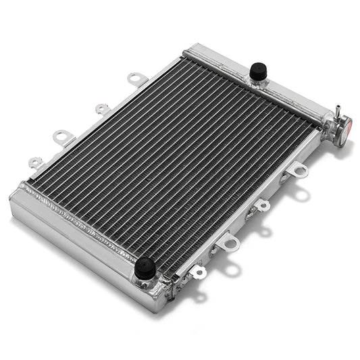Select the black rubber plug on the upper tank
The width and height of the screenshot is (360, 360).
pyautogui.click(x=257, y=70)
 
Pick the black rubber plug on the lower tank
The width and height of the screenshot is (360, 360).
pyautogui.click(x=145, y=268)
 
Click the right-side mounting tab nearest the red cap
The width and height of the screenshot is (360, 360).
pyautogui.click(x=298, y=171)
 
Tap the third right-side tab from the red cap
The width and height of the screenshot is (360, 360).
pyautogui.click(x=230, y=241)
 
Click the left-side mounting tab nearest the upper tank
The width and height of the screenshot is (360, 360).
pyautogui.click(x=137, y=79)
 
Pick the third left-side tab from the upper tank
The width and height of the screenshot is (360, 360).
pyautogui.click(x=63, y=137)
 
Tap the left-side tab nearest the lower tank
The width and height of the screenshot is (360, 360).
pyautogui.click(x=35, y=163)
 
